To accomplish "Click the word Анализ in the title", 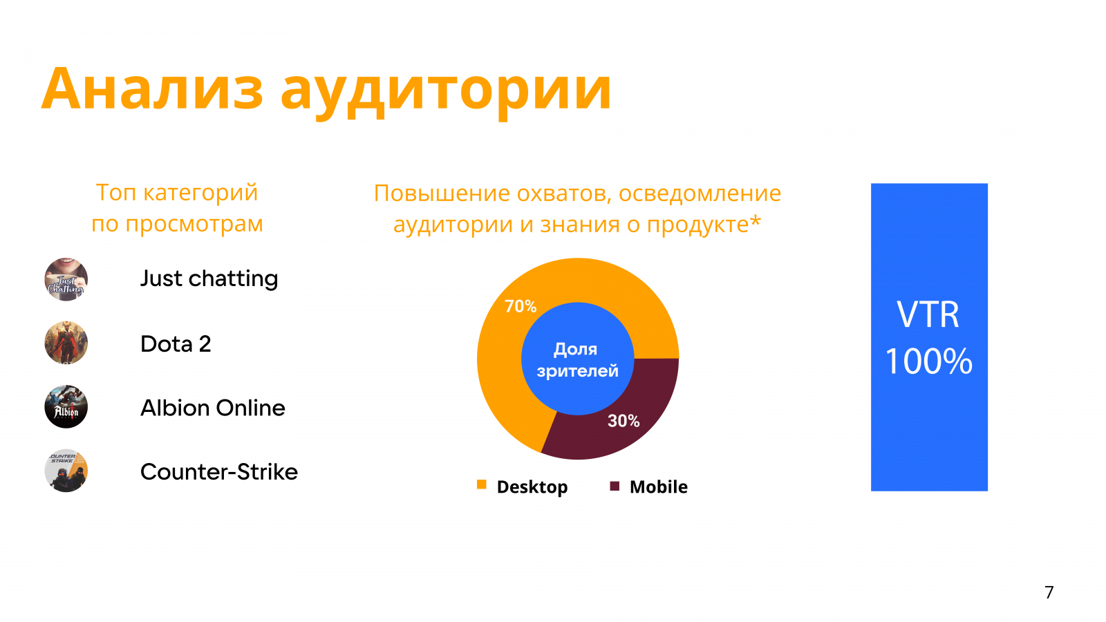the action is point(152,89).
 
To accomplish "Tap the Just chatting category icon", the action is point(66,279).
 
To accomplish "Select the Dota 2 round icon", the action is point(66,343).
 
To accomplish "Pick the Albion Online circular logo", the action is point(66,407).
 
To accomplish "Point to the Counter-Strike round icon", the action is point(66,471).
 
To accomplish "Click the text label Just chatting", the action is point(209,279).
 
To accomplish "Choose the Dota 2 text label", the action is point(176,343).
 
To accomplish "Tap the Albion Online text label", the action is point(213,408).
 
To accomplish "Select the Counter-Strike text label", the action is point(219,471).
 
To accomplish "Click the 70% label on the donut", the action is point(521,306).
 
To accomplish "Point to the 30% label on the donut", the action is point(624,421).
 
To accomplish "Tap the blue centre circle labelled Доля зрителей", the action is point(578,359).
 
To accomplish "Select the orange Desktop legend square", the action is point(481,484).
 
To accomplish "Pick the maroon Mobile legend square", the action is point(615,487).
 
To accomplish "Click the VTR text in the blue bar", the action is point(928,314).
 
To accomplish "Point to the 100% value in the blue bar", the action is point(928,361).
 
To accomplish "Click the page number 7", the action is point(1049,592).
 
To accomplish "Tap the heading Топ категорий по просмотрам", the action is point(177,208).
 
